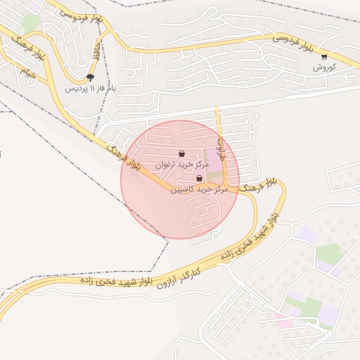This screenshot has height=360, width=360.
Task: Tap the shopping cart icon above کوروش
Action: (x=323, y=57)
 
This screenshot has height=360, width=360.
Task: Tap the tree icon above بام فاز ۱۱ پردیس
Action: (x=90, y=77)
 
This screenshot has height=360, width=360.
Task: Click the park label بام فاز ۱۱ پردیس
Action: (x=90, y=89)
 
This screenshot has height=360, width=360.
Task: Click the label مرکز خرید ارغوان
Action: (x=183, y=164)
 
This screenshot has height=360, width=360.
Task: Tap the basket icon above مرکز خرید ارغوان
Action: (x=182, y=153)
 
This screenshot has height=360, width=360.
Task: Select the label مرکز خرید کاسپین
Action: (x=200, y=190)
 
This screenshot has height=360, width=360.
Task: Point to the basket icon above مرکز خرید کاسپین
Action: (x=200, y=179)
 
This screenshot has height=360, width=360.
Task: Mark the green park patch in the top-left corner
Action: (x=30, y=22)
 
